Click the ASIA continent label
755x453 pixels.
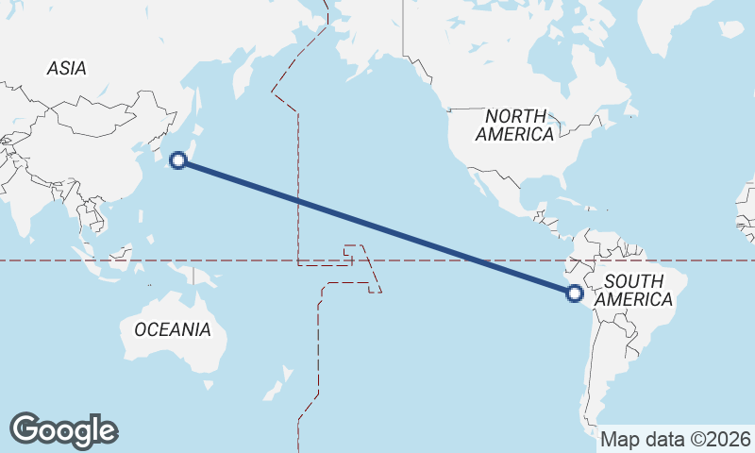(x=66, y=68)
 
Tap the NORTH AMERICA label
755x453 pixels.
(x=514, y=125)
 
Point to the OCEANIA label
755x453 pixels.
(x=173, y=329)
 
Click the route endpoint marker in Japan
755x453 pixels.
(x=177, y=160)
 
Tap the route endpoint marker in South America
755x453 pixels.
(x=574, y=294)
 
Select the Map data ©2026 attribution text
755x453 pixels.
(x=676, y=439)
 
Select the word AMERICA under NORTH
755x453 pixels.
(x=514, y=134)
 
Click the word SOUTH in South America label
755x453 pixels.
(x=633, y=280)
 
